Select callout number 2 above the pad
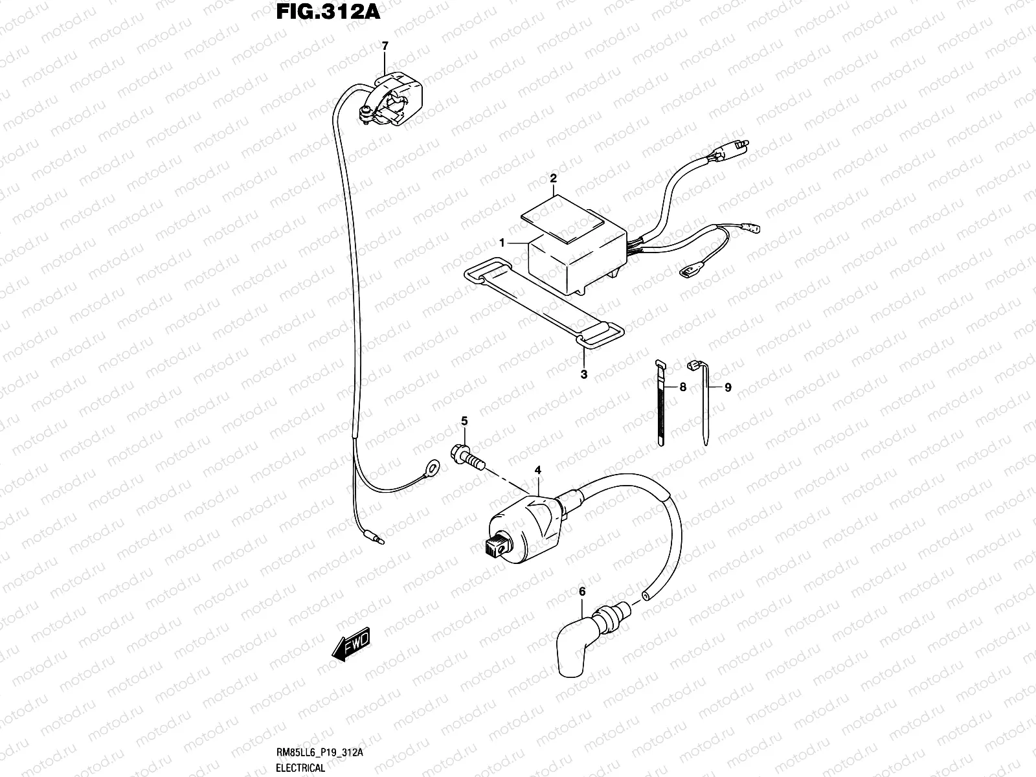pos(554,178)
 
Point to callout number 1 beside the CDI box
pos(502,242)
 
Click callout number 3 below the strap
pos(583,374)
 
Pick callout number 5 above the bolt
pos(464,422)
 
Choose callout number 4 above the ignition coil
pos(537,469)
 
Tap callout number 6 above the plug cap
pos(581,591)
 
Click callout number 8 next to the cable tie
pos(682,387)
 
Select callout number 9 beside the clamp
pos(728,387)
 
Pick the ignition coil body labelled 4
pos(524,524)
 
